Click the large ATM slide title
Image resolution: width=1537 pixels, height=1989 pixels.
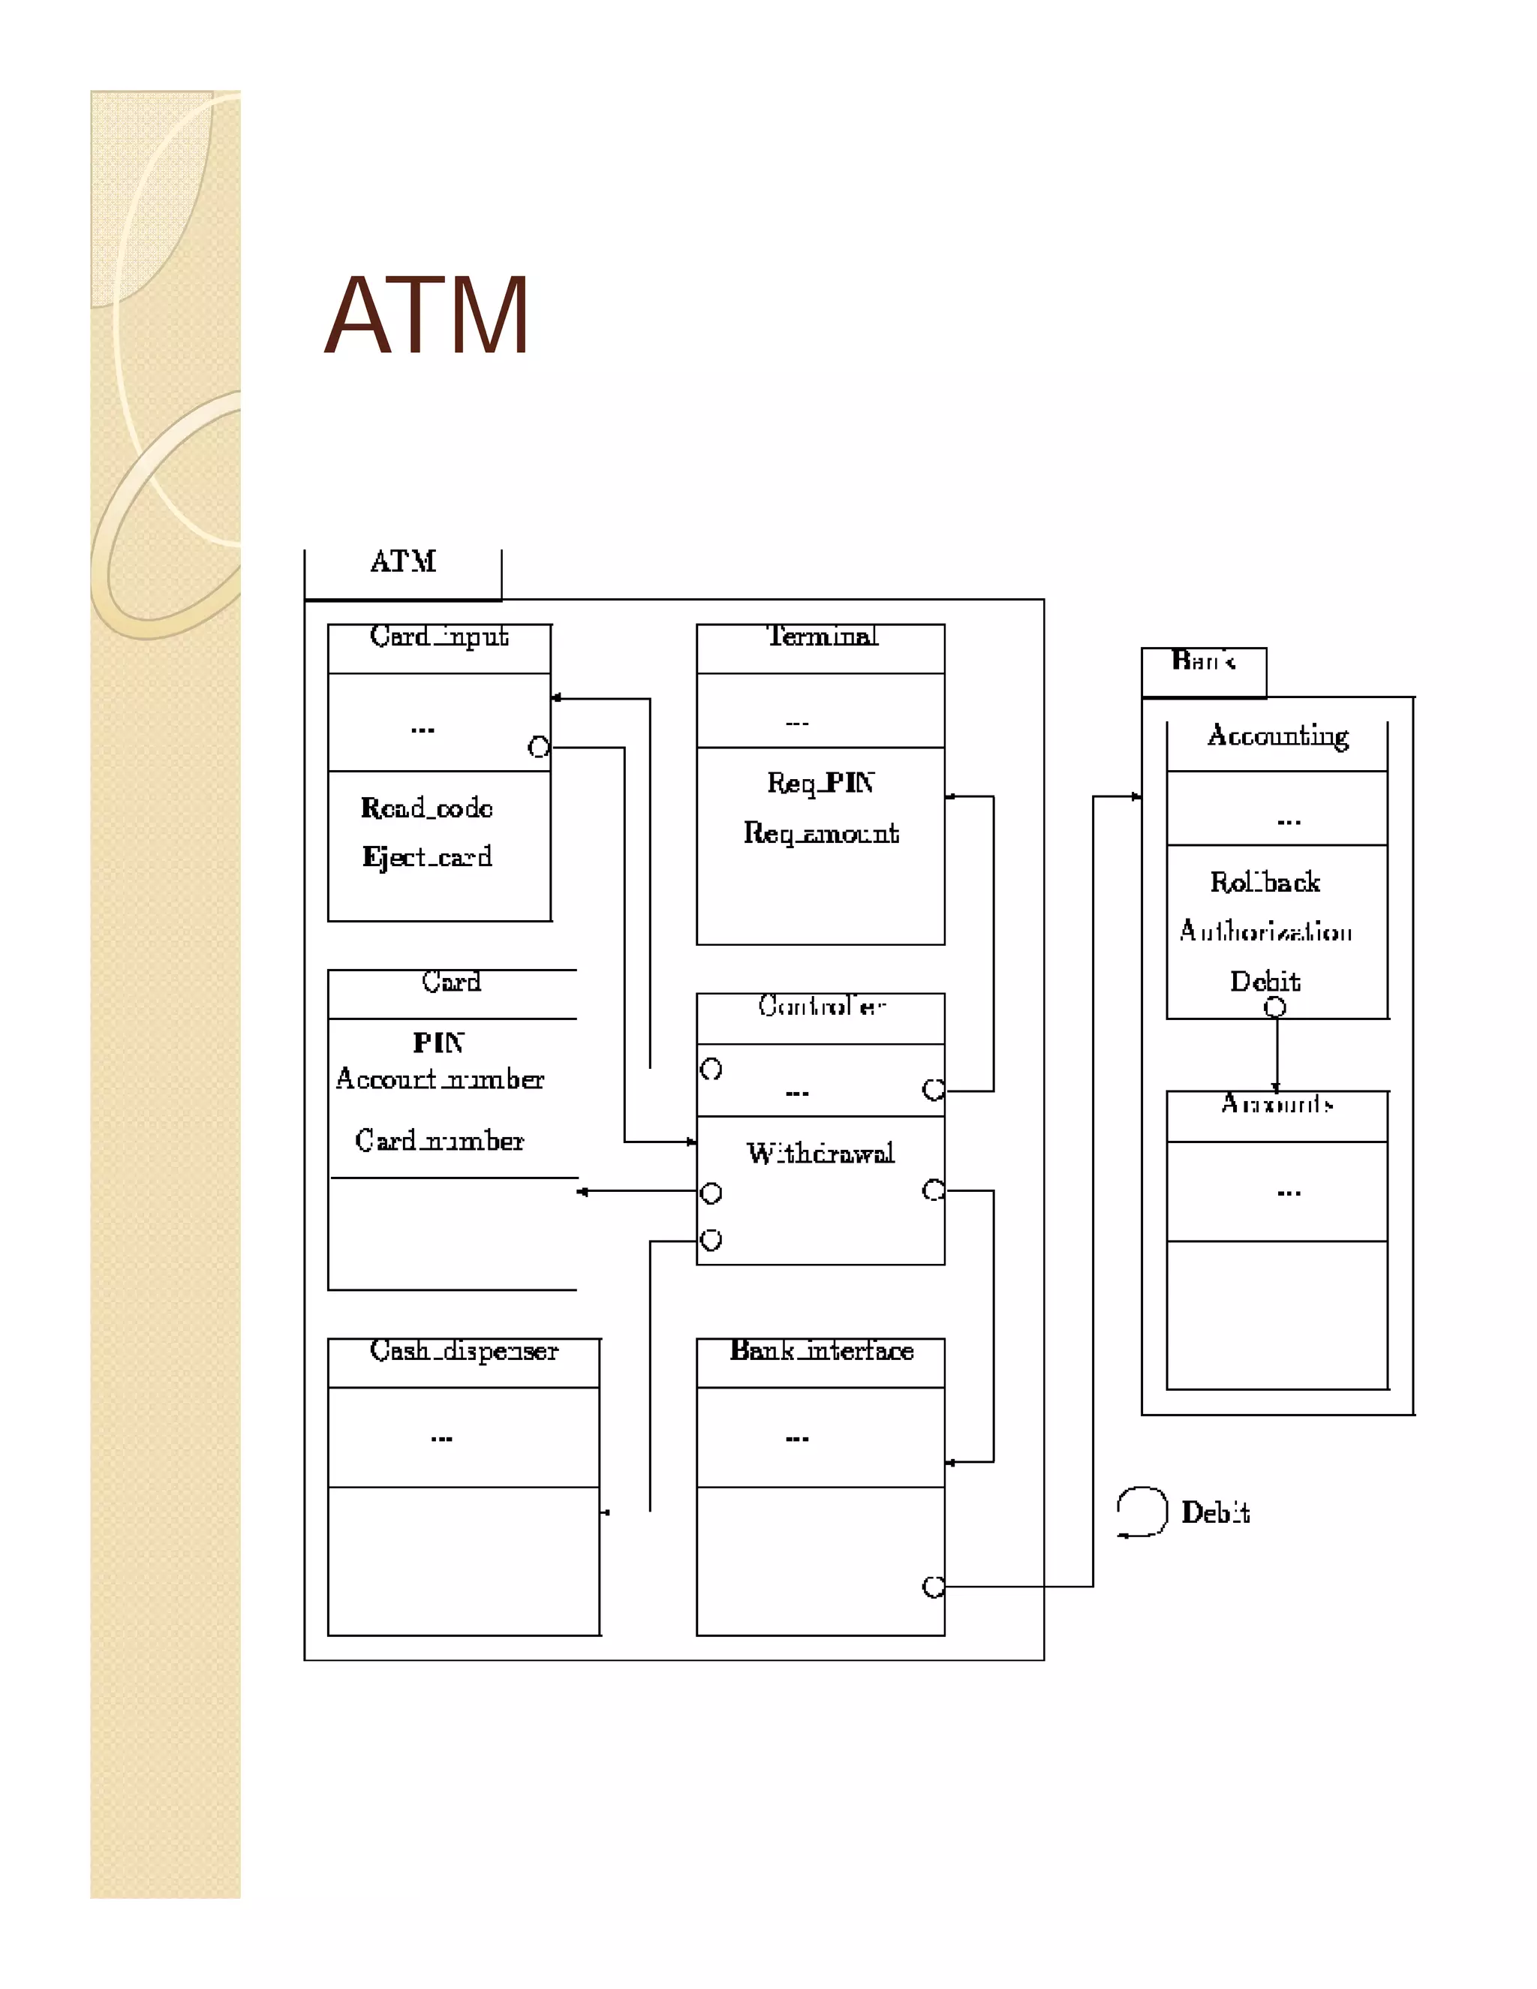pos(426,315)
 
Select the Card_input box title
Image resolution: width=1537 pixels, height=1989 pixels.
pos(439,636)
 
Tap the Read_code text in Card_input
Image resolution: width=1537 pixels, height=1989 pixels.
pos(426,808)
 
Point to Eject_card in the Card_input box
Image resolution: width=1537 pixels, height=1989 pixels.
pos(426,857)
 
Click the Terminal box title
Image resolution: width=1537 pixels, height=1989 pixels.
pos(821,636)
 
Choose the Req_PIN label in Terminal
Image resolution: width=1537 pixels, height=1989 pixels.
pos(820,783)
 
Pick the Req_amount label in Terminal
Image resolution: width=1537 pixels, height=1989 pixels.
pos(820,832)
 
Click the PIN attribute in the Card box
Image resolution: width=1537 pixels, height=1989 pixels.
pos(439,1042)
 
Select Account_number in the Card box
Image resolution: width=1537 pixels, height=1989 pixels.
pos(439,1079)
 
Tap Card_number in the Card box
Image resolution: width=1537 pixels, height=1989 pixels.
pos(439,1141)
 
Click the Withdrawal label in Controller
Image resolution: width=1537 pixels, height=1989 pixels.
pos(820,1154)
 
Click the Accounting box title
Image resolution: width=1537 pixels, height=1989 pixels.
pos(1277,735)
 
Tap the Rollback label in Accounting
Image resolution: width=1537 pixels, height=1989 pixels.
pos(1265,883)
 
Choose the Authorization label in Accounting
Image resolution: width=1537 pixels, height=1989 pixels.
pos(1265,931)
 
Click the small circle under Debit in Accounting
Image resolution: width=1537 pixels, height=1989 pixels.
pos(1275,1007)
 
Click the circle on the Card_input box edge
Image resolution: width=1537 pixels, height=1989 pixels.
pos(539,748)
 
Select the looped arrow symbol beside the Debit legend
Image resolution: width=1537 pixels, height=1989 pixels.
pos(1141,1512)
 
